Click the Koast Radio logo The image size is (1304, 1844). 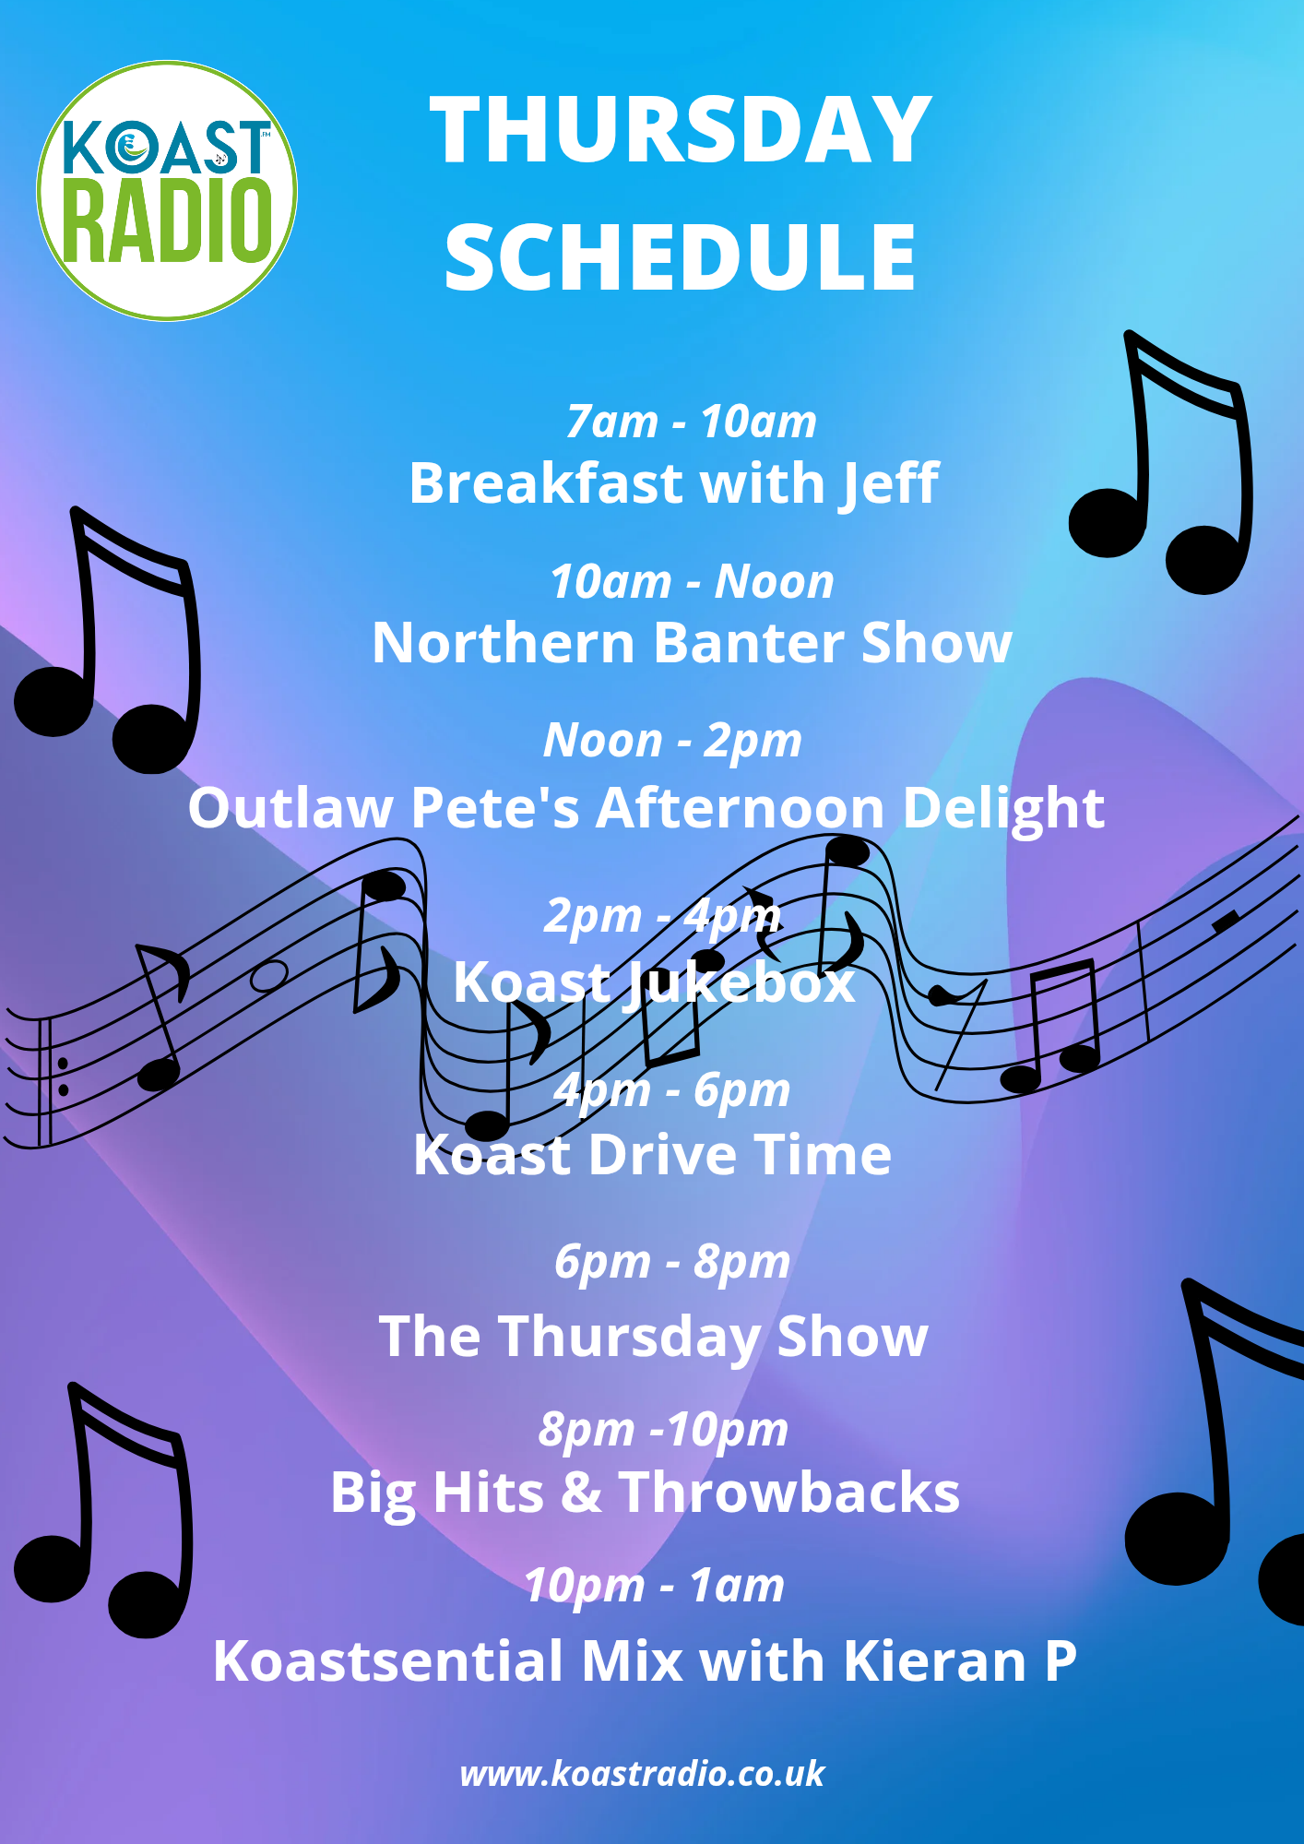click(x=167, y=191)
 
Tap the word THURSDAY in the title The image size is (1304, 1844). click(x=681, y=130)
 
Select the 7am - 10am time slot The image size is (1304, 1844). click(x=691, y=422)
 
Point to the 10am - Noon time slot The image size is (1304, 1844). click(x=692, y=581)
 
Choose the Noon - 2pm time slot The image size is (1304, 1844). click(x=672, y=741)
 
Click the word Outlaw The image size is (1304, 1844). click(x=291, y=807)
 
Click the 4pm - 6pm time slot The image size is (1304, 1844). click(x=672, y=1090)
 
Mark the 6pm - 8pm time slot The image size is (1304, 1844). click(x=672, y=1262)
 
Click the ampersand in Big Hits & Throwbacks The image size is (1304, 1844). click(x=581, y=1493)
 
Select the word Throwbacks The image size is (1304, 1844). click(x=789, y=1493)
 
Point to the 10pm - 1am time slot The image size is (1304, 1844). click(x=654, y=1586)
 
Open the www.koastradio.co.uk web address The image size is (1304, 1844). click(x=642, y=1774)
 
